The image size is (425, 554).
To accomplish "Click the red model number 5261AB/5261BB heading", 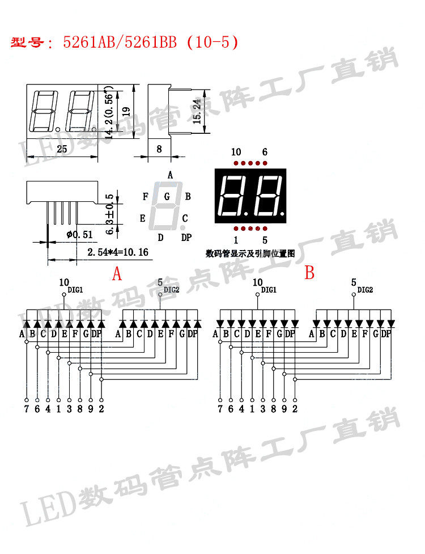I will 150,43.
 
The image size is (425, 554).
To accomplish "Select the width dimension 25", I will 62,149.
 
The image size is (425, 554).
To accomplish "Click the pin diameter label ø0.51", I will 79,234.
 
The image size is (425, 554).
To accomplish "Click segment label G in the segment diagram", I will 167,197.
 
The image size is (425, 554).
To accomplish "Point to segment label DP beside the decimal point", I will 186,237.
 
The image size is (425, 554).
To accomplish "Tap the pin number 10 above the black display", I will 236,152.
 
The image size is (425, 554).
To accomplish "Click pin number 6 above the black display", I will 265,152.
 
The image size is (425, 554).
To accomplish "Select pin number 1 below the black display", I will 236,239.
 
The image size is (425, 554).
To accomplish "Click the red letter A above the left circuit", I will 117,274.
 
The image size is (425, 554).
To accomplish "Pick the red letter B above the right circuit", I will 309,273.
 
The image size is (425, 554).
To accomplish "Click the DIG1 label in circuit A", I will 75,289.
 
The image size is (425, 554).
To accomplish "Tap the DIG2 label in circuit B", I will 365,290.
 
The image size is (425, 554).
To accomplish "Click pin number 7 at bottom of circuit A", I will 26,408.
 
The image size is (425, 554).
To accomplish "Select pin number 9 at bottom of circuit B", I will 284,408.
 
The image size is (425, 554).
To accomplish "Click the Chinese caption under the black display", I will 250,254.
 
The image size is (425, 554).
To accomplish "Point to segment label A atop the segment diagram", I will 170,175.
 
